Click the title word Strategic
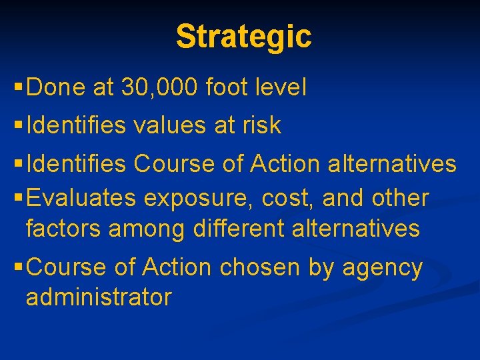coord(243,37)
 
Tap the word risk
coord(261,125)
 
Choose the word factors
coord(63,229)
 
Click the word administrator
coord(99,297)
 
